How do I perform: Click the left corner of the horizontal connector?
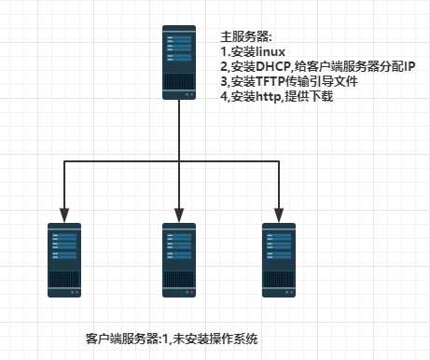[x=63, y=160]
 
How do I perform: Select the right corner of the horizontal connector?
[x=279, y=160]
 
